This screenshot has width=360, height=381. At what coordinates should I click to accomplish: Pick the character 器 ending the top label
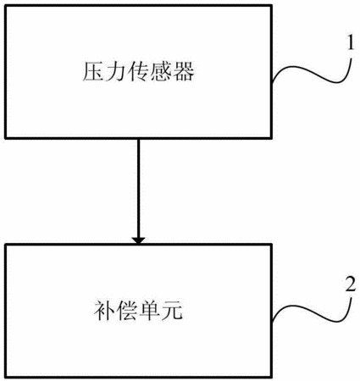point(183,72)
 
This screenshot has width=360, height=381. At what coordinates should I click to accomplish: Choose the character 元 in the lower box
point(172,311)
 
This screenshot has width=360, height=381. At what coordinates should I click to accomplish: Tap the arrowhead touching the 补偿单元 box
point(138,240)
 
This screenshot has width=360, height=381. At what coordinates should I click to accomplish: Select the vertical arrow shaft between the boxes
point(138,188)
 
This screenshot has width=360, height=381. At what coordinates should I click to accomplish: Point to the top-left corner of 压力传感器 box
point(6,5)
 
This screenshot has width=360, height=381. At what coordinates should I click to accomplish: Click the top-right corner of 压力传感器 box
point(272,5)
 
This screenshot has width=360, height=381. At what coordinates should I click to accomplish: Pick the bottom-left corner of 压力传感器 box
point(6,138)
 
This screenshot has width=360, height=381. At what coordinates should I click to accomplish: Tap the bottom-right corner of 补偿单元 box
point(272,377)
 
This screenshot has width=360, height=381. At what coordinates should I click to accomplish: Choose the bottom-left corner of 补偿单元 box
point(6,377)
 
